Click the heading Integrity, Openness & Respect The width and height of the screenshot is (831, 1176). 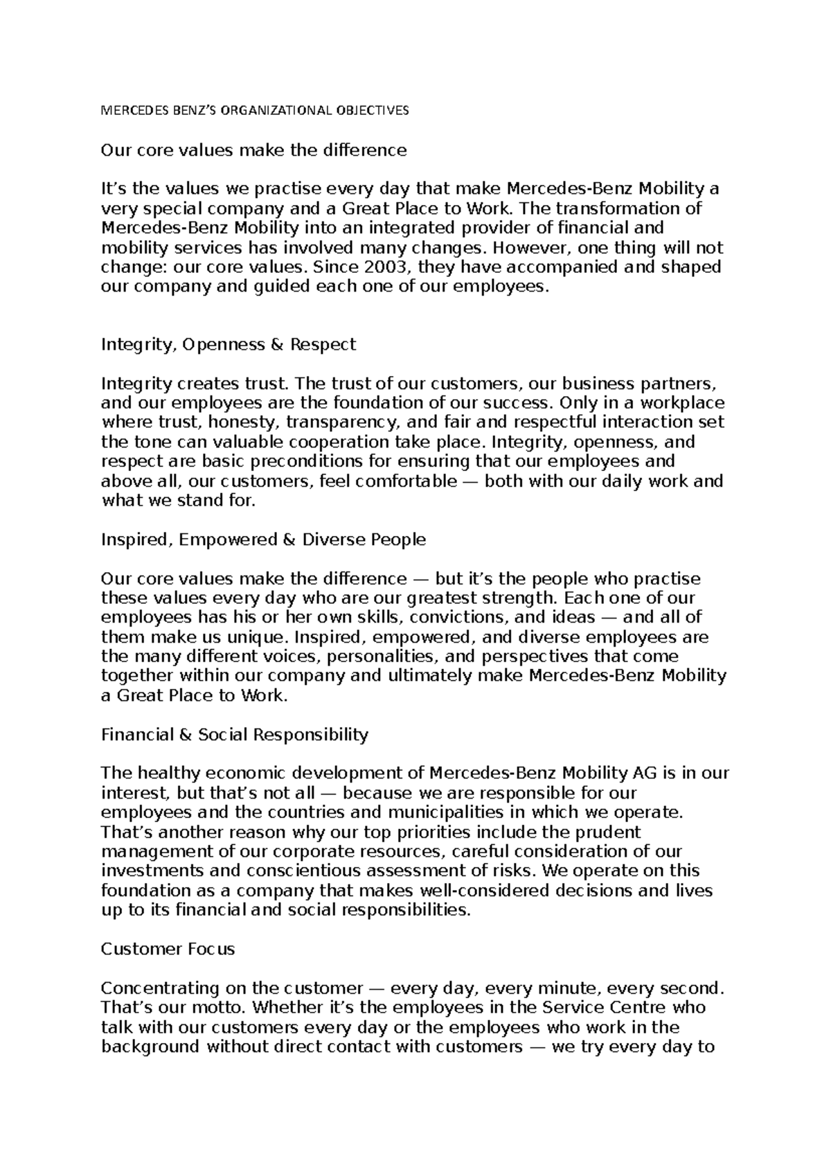[x=229, y=344]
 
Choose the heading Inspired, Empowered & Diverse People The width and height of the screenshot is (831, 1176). [x=263, y=540]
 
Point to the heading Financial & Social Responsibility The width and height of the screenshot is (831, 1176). [x=235, y=735]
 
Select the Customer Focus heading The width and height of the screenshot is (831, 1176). [x=168, y=949]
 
